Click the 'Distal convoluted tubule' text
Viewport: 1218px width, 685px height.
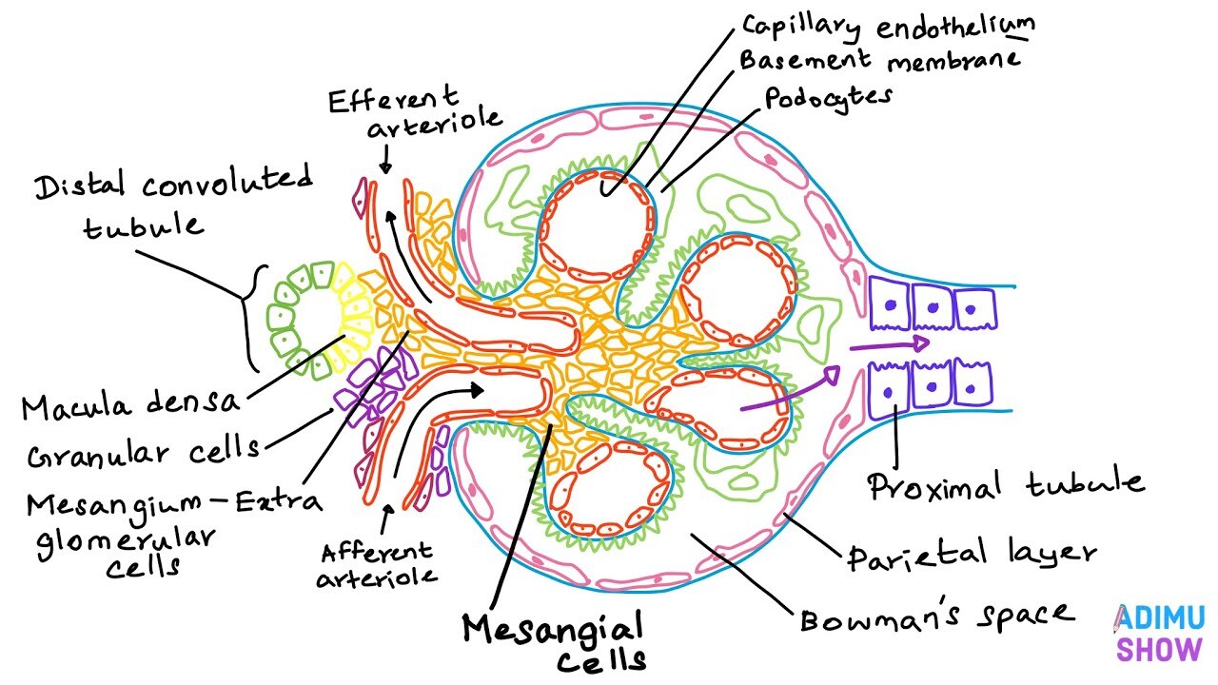pos(172,203)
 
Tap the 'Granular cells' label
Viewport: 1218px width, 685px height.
pos(143,454)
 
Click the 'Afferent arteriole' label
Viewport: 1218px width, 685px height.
pos(377,563)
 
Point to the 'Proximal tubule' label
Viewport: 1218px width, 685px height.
pos(1005,484)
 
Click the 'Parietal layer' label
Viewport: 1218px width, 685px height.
pos(972,552)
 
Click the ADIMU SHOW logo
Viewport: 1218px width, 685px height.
pos(1159,634)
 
